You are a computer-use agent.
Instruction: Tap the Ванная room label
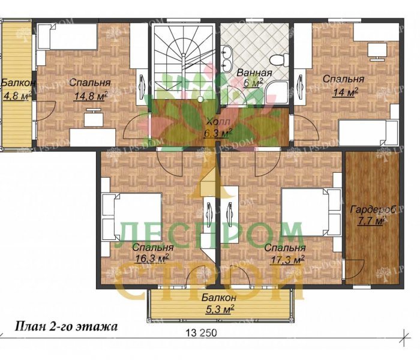[x=254, y=73]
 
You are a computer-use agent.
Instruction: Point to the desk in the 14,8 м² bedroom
[x=93, y=119]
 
